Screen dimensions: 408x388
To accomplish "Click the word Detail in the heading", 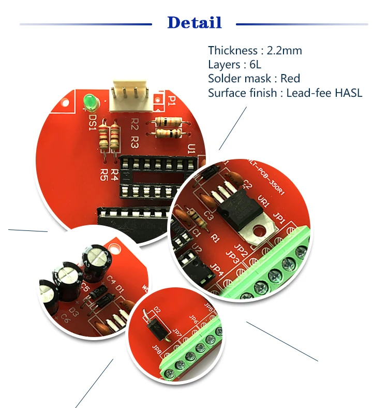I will (x=195, y=23).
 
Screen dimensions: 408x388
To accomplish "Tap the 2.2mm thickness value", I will (x=284, y=51).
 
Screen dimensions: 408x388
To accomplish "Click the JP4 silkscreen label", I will (x=217, y=271).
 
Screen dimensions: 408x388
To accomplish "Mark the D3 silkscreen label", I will (x=74, y=312).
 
